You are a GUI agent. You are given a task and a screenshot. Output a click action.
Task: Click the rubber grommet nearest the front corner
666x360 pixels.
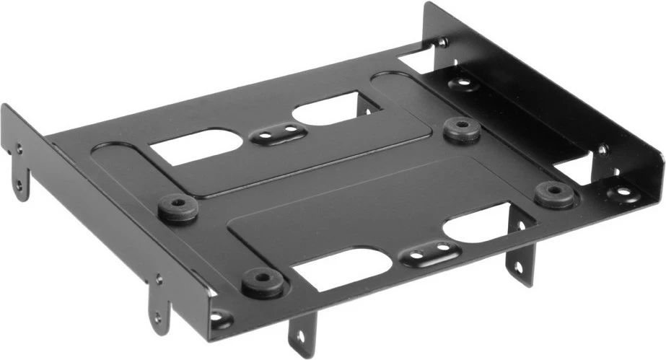click(262, 282)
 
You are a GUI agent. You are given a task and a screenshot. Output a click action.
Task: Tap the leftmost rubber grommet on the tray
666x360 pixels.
click(178, 209)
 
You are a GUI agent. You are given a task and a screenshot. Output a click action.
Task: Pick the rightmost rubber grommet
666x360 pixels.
click(554, 193)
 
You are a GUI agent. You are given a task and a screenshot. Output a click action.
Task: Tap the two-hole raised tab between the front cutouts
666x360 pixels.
click(430, 253)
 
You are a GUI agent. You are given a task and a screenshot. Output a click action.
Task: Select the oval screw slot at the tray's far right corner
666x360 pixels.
click(621, 193)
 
